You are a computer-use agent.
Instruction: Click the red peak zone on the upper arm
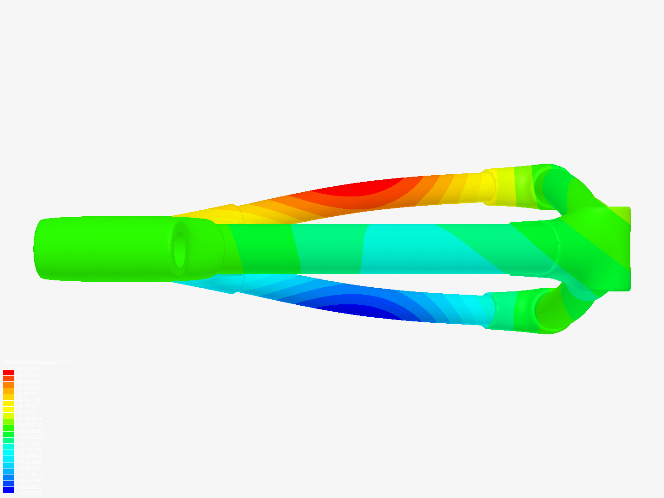point(364,187)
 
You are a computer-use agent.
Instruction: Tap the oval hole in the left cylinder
point(179,249)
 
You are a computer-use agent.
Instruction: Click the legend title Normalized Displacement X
point(37,362)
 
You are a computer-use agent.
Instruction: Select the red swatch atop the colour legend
point(9,373)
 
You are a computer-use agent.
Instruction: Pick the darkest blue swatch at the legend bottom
point(9,490)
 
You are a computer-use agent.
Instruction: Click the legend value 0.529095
point(30,369)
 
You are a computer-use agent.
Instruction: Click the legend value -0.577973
point(30,493)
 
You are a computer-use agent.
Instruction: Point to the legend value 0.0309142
point(31,425)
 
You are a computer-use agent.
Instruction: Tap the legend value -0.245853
point(30,456)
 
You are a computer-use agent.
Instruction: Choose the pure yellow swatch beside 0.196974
point(9,409)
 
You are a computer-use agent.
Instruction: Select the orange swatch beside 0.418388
point(9,385)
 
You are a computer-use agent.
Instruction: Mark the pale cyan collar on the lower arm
point(489,310)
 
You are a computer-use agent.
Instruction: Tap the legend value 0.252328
point(30,400)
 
